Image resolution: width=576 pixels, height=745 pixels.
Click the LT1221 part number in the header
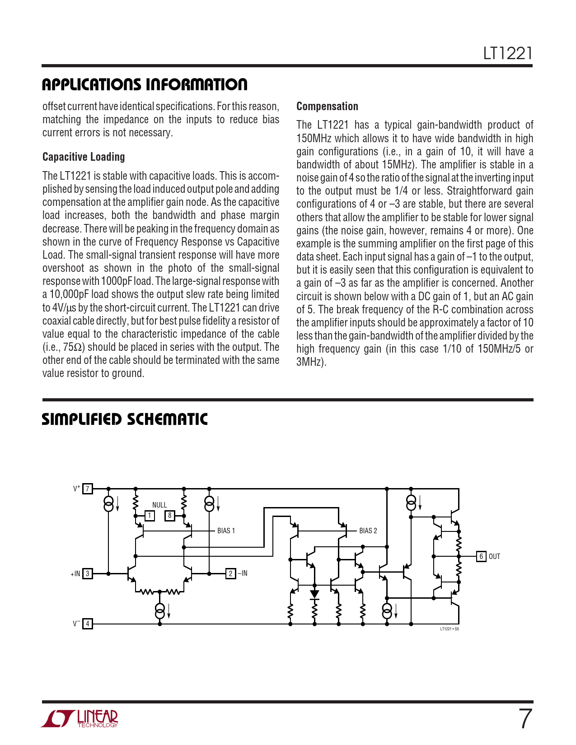[x=508, y=54]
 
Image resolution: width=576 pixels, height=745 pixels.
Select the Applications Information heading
[x=145, y=84]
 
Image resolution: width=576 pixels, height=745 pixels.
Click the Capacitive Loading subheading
[x=84, y=157]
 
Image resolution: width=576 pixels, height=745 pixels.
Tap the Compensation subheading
[x=327, y=106]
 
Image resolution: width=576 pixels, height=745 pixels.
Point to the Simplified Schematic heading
[x=125, y=419]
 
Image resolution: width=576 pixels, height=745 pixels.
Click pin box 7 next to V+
[x=88, y=489]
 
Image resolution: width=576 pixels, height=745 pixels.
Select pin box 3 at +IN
[x=88, y=573]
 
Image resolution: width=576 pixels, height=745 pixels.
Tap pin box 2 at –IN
[x=230, y=573]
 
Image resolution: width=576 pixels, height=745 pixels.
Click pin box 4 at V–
[x=88, y=624]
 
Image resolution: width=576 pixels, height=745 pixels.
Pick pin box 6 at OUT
[x=481, y=556]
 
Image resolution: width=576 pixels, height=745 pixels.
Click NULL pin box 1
[x=150, y=516]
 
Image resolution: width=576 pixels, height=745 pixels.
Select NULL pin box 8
[x=170, y=516]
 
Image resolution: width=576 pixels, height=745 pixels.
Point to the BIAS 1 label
[x=226, y=531]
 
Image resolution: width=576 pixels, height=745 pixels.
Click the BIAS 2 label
[x=368, y=531]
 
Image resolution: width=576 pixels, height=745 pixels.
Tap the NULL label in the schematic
[x=159, y=505]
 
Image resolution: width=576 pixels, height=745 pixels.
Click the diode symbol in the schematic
[x=314, y=595]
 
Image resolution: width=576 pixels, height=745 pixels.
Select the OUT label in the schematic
[x=494, y=557]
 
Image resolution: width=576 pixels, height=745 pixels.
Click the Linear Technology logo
[x=80, y=719]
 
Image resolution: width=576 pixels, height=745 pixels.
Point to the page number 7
[x=524, y=719]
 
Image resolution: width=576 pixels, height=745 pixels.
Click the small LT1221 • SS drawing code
[x=450, y=629]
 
